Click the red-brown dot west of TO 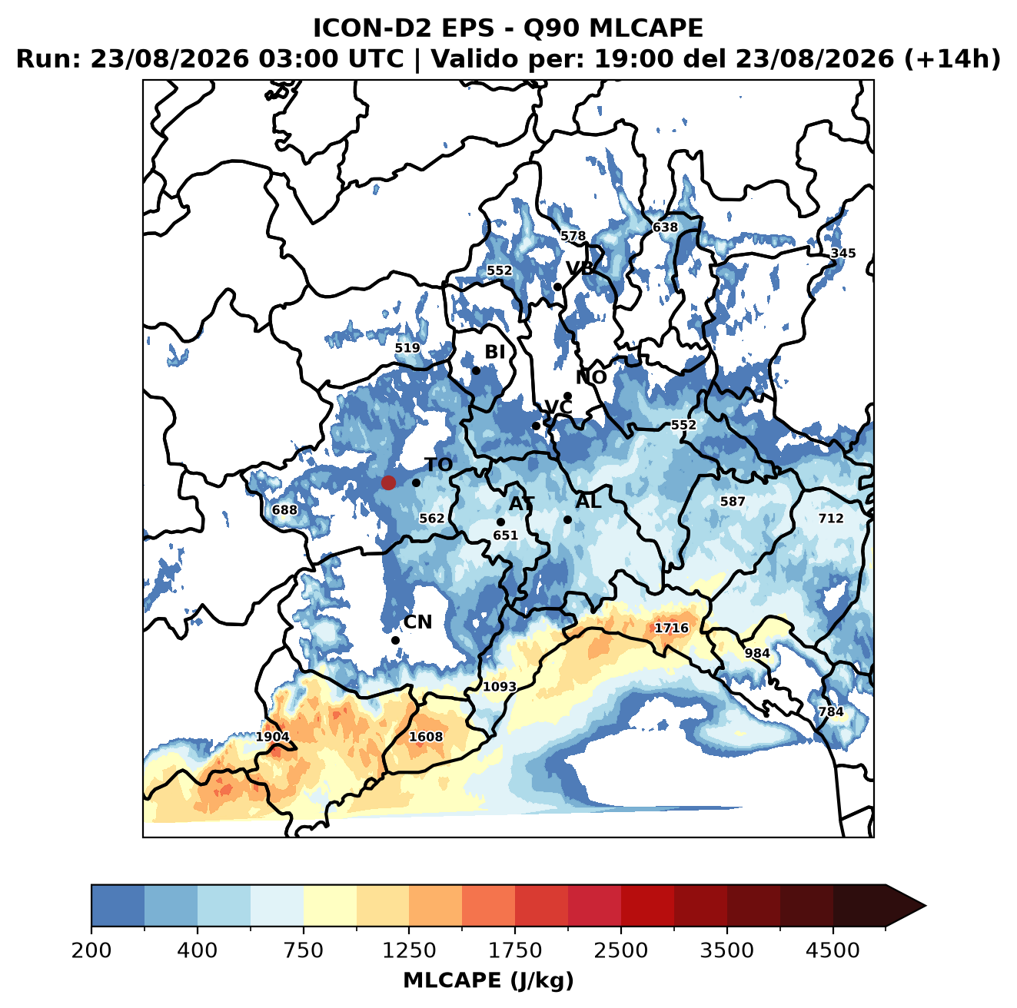tap(388, 482)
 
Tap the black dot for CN tap(395, 640)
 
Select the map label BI tap(494, 352)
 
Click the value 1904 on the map tap(272, 737)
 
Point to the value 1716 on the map tap(671, 628)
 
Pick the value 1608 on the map tap(426, 736)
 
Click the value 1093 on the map tap(499, 686)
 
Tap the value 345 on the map tap(843, 254)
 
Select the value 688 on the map tap(284, 510)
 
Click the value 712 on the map tap(831, 519)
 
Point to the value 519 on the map tap(407, 348)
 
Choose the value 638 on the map tap(665, 227)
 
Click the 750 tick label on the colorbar tap(303, 950)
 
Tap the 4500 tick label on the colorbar tap(833, 950)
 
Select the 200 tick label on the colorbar tap(91, 950)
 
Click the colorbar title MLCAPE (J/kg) tap(488, 980)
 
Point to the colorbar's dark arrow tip tap(926, 907)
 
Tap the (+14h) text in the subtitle tap(952, 59)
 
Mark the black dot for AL tap(567, 519)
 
